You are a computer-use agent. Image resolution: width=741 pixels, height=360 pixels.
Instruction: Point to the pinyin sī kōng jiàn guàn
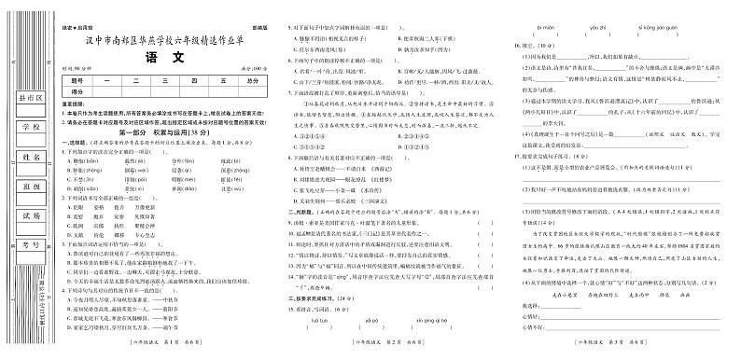[671, 29]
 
